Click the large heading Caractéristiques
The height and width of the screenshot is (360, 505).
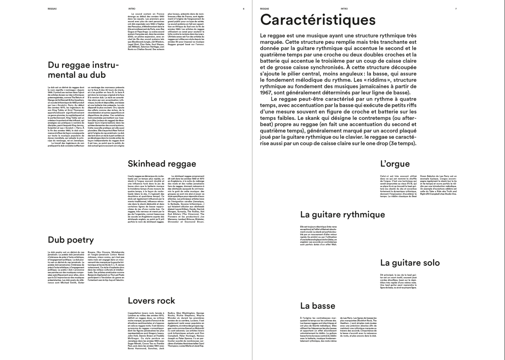pyautogui.click(x=318, y=20)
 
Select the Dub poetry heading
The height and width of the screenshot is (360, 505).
pyautogui.click(x=71, y=240)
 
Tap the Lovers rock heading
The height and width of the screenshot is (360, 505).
pyautogui.click(x=151, y=300)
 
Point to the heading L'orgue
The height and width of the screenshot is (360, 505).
pyautogui.click(x=396, y=164)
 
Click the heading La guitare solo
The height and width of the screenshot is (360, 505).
pyautogui.click(x=410, y=263)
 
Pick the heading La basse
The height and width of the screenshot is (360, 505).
pyautogui.click(x=318, y=305)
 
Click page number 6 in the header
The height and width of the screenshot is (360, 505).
pyautogui.click(x=243, y=8)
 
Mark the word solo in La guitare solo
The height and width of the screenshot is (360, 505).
pyautogui.click(x=430, y=263)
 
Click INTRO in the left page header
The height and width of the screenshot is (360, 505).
pyautogui.click(x=131, y=8)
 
